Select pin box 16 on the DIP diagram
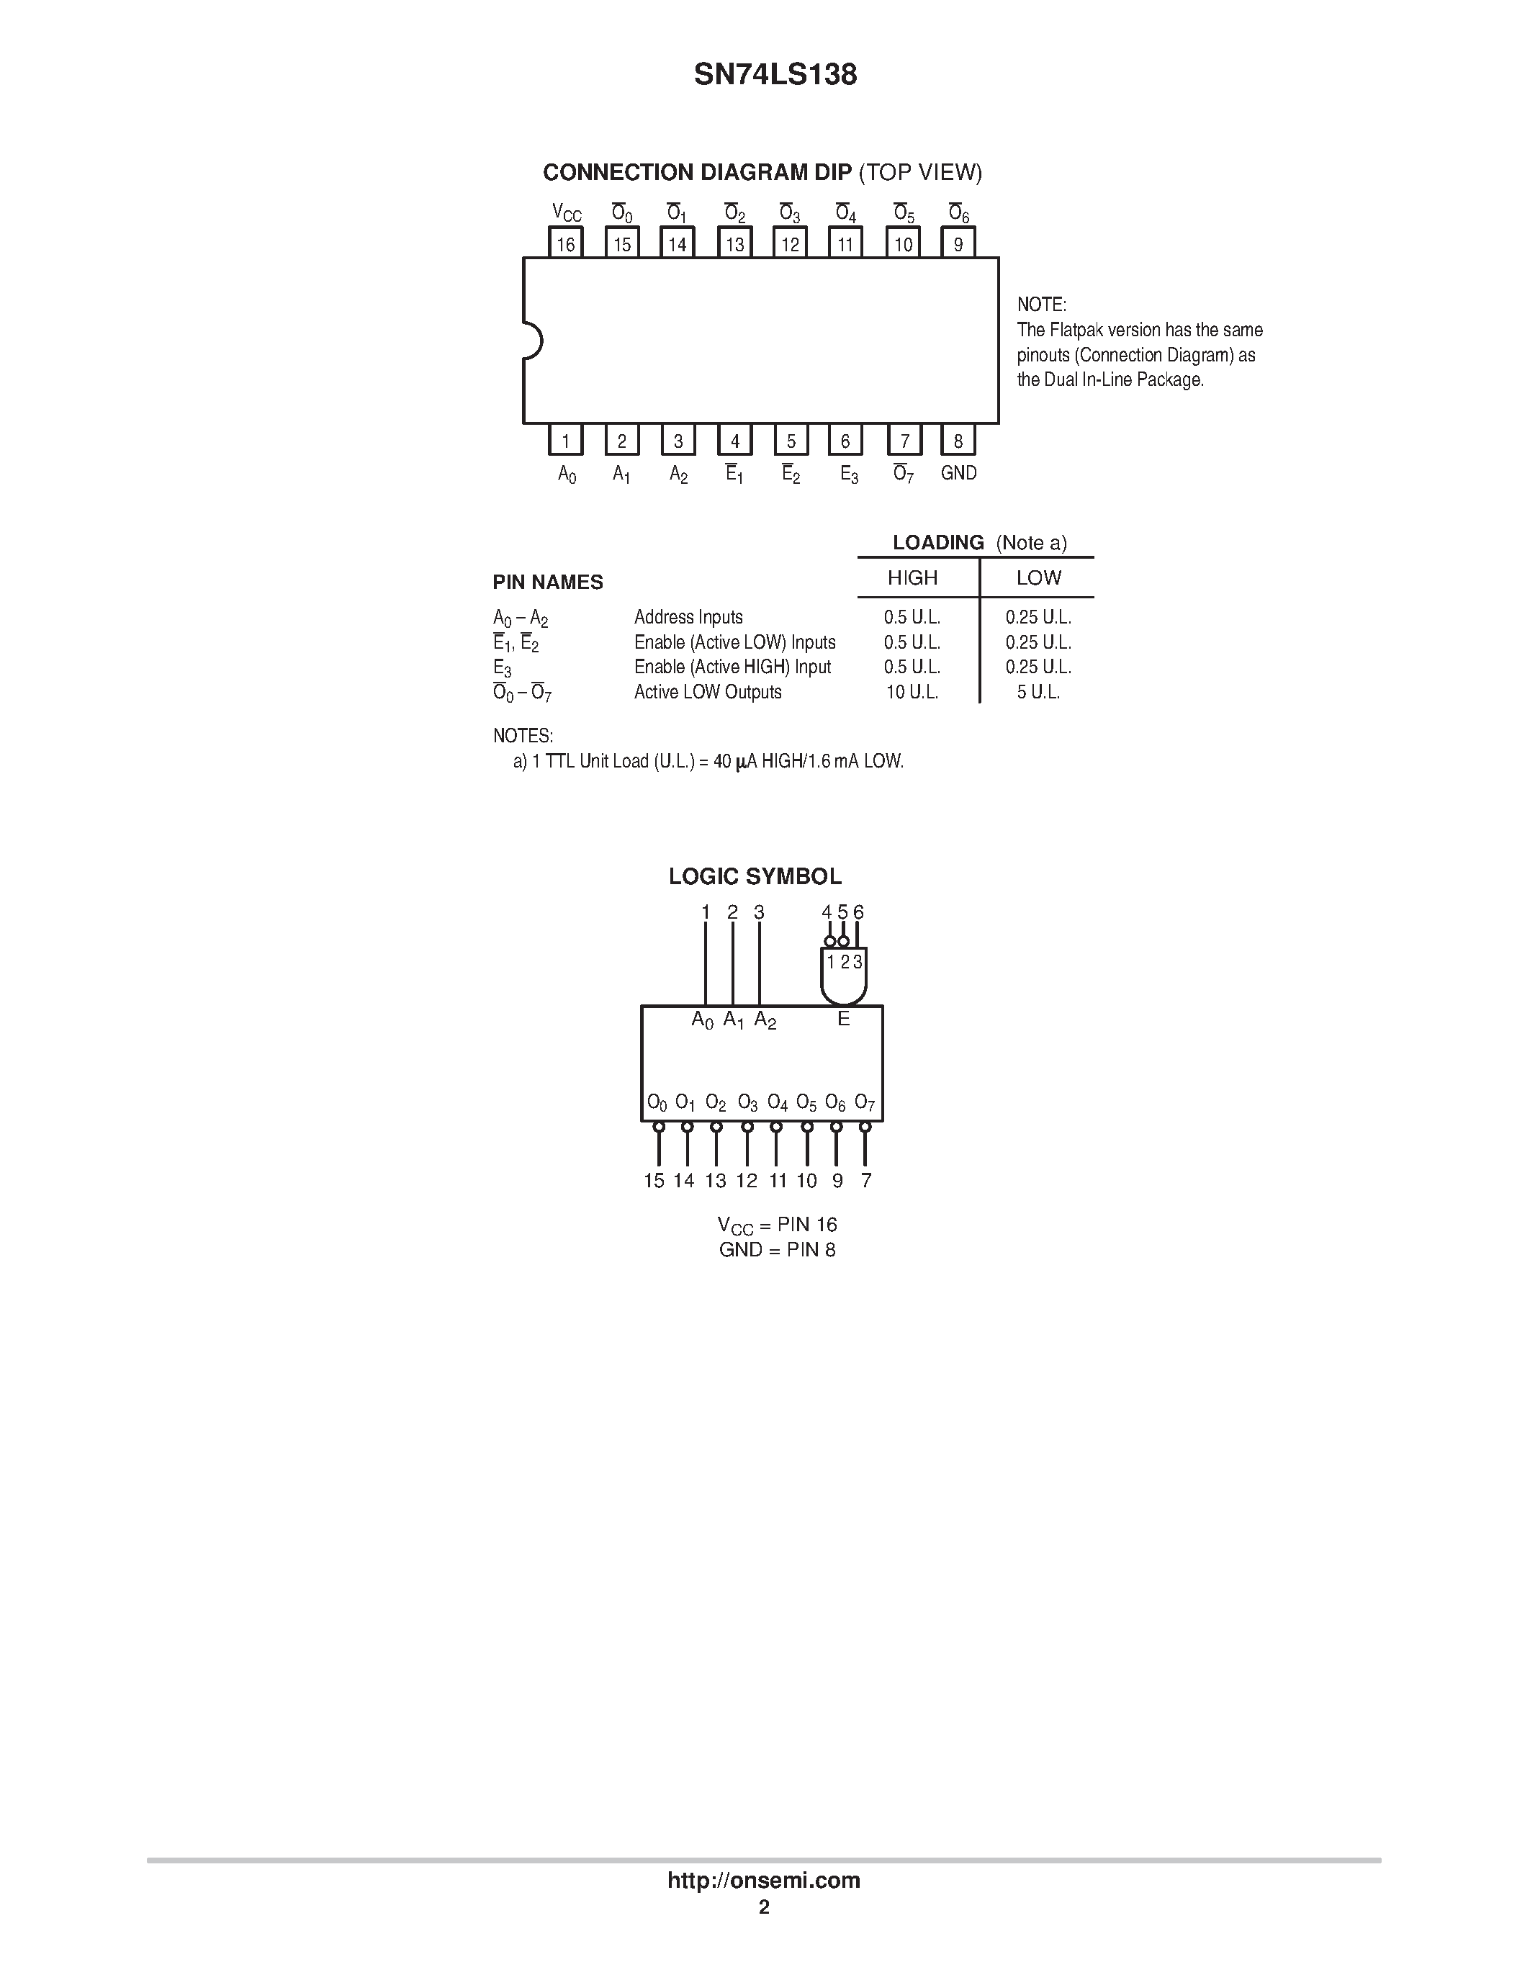point(566,243)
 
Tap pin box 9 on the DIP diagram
point(958,243)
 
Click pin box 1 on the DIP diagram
point(566,441)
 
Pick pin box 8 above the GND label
point(958,441)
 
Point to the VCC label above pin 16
point(567,213)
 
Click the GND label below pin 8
point(959,472)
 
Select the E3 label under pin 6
point(848,474)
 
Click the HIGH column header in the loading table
point(912,577)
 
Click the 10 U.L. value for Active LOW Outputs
point(912,693)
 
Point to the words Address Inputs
point(688,617)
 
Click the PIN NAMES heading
point(547,582)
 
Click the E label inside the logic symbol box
point(843,1019)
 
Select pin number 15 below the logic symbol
point(654,1180)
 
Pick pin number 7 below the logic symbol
point(866,1180)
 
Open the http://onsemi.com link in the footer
point(764,1880)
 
